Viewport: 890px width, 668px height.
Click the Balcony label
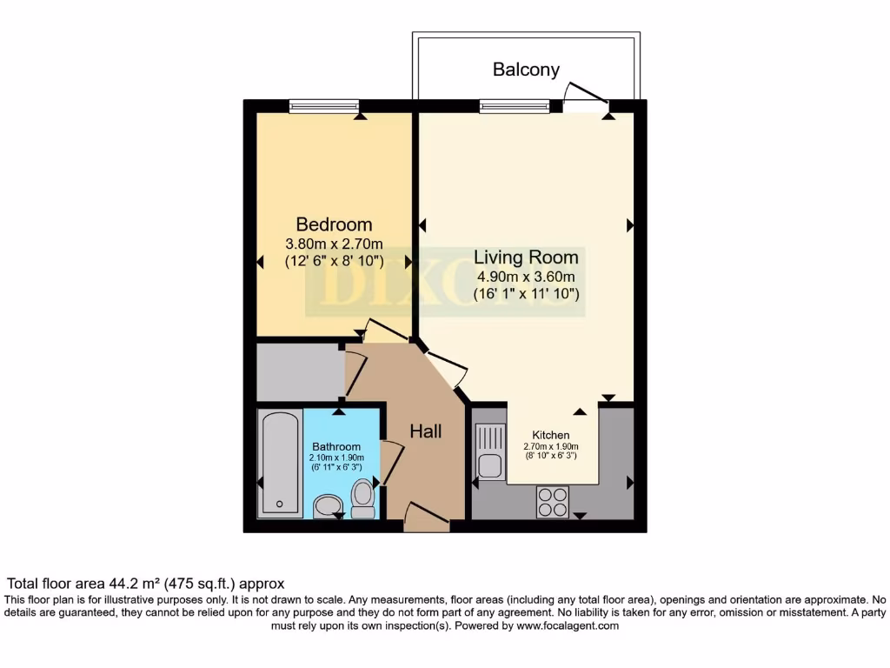[x=526, y=70]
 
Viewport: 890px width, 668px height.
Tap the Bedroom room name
[x=334, y=224]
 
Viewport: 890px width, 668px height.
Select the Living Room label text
[x=526, y=257]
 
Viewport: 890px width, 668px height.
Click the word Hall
[x=426, y=431]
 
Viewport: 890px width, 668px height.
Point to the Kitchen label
[x=551, y=435]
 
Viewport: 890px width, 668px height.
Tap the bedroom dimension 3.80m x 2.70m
[x=335, y=243]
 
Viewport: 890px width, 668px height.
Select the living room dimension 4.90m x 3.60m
[x=526, y=277]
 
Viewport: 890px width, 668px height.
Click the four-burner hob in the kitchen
[x=552, y=501]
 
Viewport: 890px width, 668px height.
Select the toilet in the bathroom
[x=362, y=498]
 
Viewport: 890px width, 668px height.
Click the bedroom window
[x=323, y=106]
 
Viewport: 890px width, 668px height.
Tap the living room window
[x=514, y=106]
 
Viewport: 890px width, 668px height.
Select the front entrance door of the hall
[x=427, y=522]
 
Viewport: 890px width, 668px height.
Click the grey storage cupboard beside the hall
[x=300, y=372]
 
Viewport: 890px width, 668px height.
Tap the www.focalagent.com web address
[x=567, y=625]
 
